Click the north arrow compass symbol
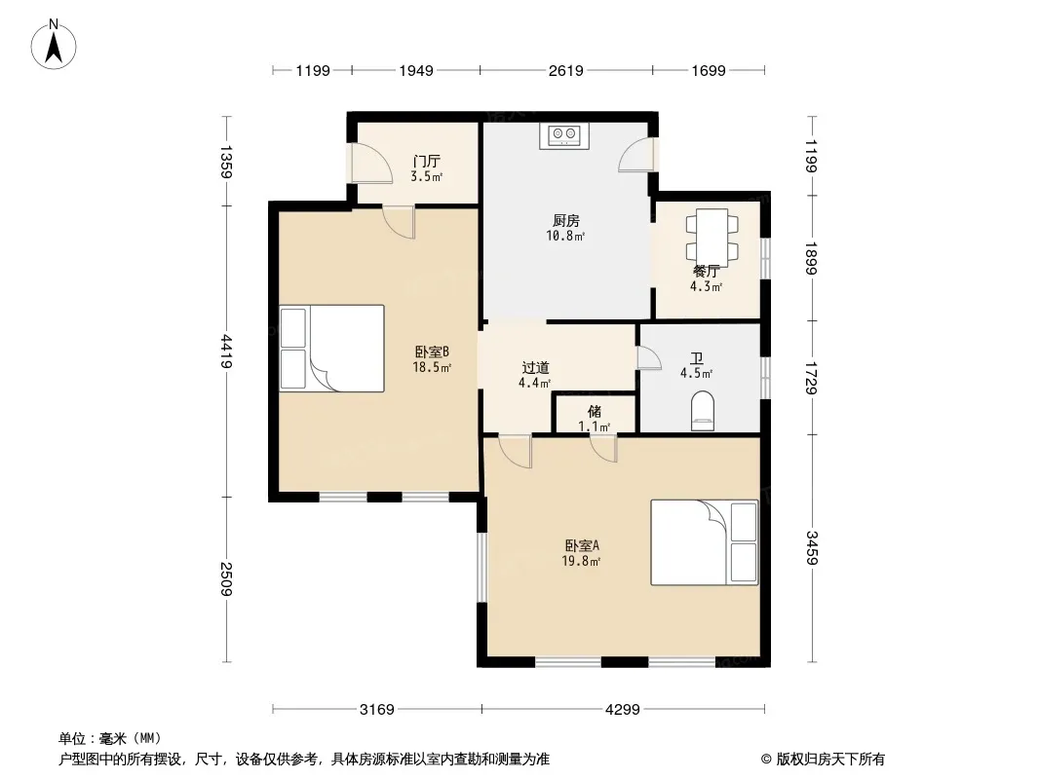pos(54,45)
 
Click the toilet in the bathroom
pos(703,411)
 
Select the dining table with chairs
pos(712,236)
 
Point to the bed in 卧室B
pos(332,349)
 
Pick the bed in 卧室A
pos(705,542)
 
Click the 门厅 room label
pos(427,161)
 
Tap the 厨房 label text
pos(566,220)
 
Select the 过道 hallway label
pos(535,367)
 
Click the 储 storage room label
pos(595,412)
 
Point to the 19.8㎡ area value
pos(581,561)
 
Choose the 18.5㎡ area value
pos(432,367)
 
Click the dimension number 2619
pos(566,70)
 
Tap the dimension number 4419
pos(227,352)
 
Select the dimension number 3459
pos(812,548)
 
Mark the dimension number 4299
pos(623,710)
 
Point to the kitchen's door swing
pos(636,155)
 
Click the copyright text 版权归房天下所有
pos(830,760)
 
